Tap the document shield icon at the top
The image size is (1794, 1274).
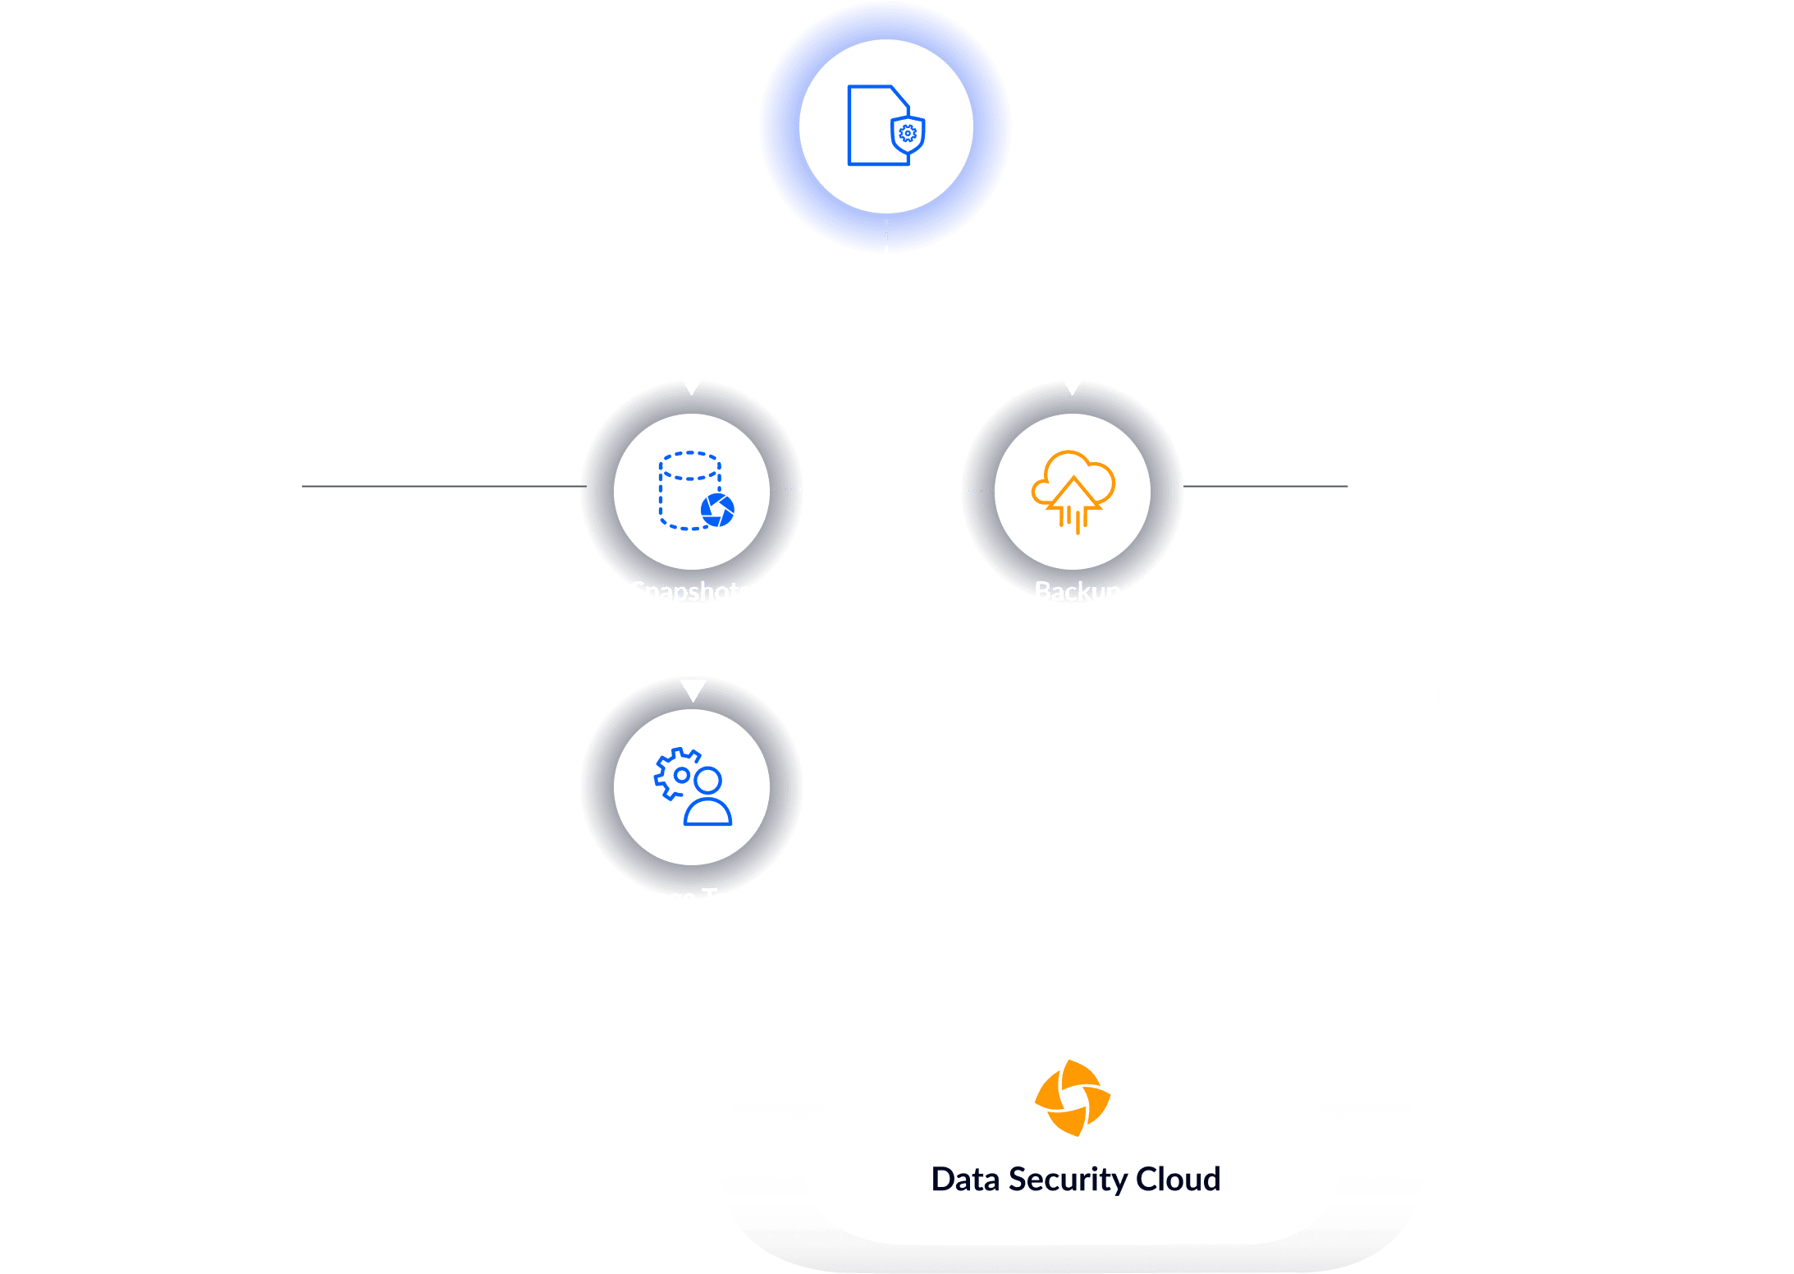tap(886, 126)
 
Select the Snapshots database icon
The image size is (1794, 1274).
tap(694, 491)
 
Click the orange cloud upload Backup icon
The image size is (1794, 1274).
tap(1073, 491)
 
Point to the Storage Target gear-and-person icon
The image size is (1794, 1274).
tap(693, 786)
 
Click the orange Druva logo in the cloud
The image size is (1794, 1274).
tap(1073, 1098)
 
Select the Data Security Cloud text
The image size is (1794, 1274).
tap(1075, 1180)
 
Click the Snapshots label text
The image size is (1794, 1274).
tap(690, 592)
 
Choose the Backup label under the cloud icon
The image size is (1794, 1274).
tap(1077, 592)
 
